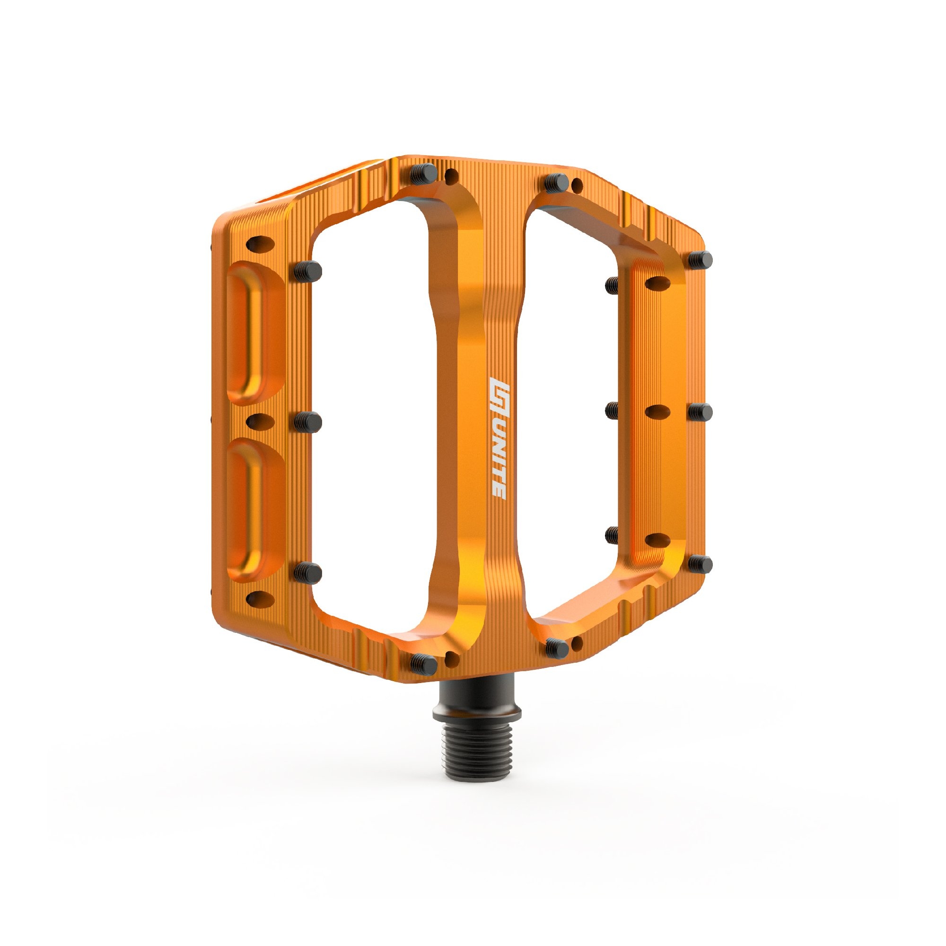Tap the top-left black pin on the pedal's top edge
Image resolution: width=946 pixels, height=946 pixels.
click(x=423, y=173)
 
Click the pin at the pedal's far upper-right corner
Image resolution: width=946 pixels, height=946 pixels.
click(x=701, y=260)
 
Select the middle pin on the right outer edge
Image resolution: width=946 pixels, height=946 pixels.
click(x=701, y=412)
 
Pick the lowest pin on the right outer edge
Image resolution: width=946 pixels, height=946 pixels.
click(x=701, y=565)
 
